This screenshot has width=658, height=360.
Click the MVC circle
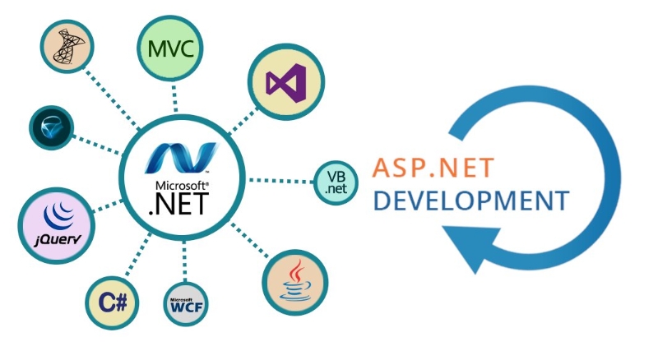pos(170,49)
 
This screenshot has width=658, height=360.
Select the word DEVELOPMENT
pos(470,201)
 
